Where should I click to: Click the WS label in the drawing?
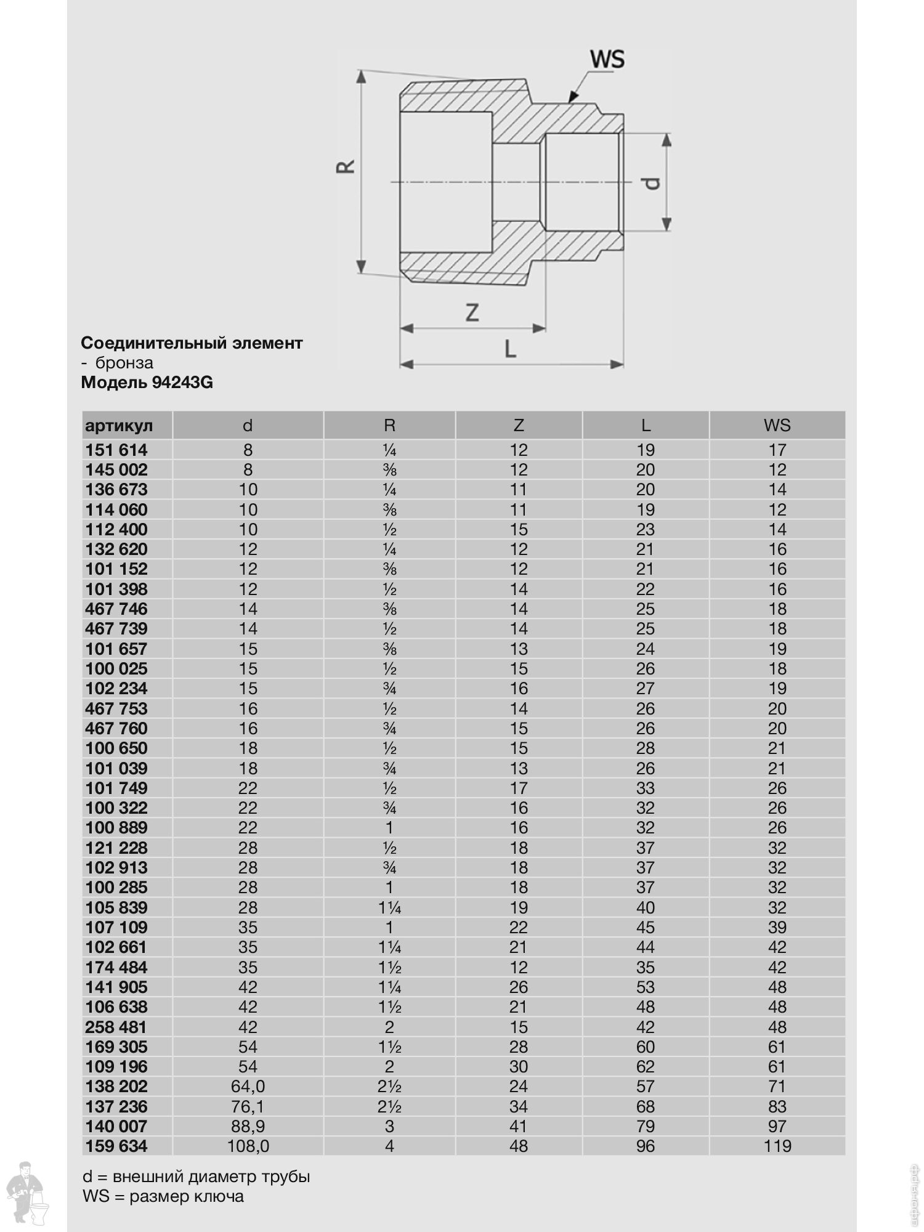pos(607,60)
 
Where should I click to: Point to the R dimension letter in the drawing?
pos(346,166)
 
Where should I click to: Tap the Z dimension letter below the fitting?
pos(472,312)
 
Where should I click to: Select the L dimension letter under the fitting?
pos(510,349)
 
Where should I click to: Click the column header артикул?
pos(119,425)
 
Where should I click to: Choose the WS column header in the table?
pos(777,425)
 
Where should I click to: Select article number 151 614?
pos(116,450)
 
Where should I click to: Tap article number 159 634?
pos(116,1146)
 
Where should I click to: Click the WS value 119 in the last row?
pos(777,1146)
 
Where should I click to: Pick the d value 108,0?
pos(248,1146)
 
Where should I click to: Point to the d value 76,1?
pos(248,1106)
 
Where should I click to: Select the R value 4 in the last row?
pos(389,1146)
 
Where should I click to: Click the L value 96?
pos(645,1146)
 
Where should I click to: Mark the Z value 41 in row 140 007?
pos(519,1126)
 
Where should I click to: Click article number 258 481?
pos(116,1027)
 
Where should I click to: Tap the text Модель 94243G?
pos(147,383)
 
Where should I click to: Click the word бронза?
pos(124,363)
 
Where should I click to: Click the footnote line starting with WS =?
pos(163,1196)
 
